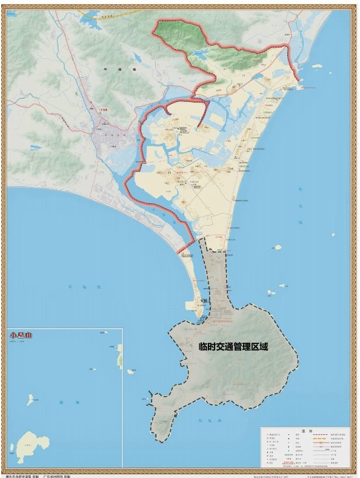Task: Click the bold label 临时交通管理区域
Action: click(233, 348)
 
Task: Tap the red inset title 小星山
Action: click(22, 335)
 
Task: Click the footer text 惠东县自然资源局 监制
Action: click(22, 476)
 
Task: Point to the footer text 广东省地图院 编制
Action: click(60, 476)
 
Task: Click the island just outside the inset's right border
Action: click(130, 371)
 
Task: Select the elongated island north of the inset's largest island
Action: click(30, 399)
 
